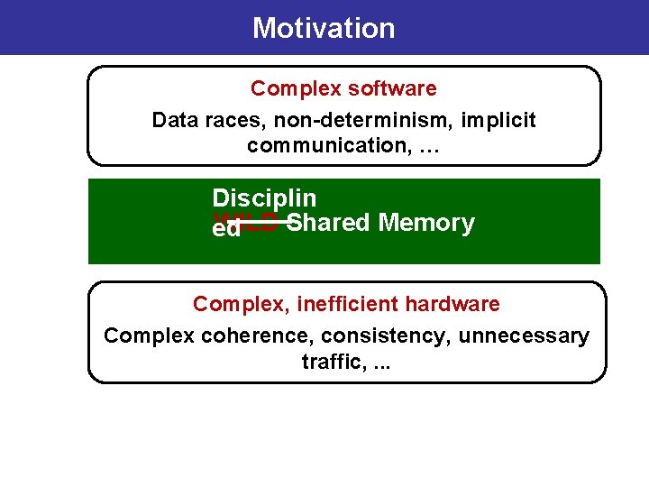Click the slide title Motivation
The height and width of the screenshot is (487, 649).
tap(324, 28)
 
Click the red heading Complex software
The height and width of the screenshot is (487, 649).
tap(343, 88)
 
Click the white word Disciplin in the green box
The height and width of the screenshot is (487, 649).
tap(264, 198)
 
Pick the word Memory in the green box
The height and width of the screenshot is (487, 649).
tap(426, 222)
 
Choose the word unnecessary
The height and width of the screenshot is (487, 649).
tap(524, 336)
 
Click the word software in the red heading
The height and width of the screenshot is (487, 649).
tap(395, 88)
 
